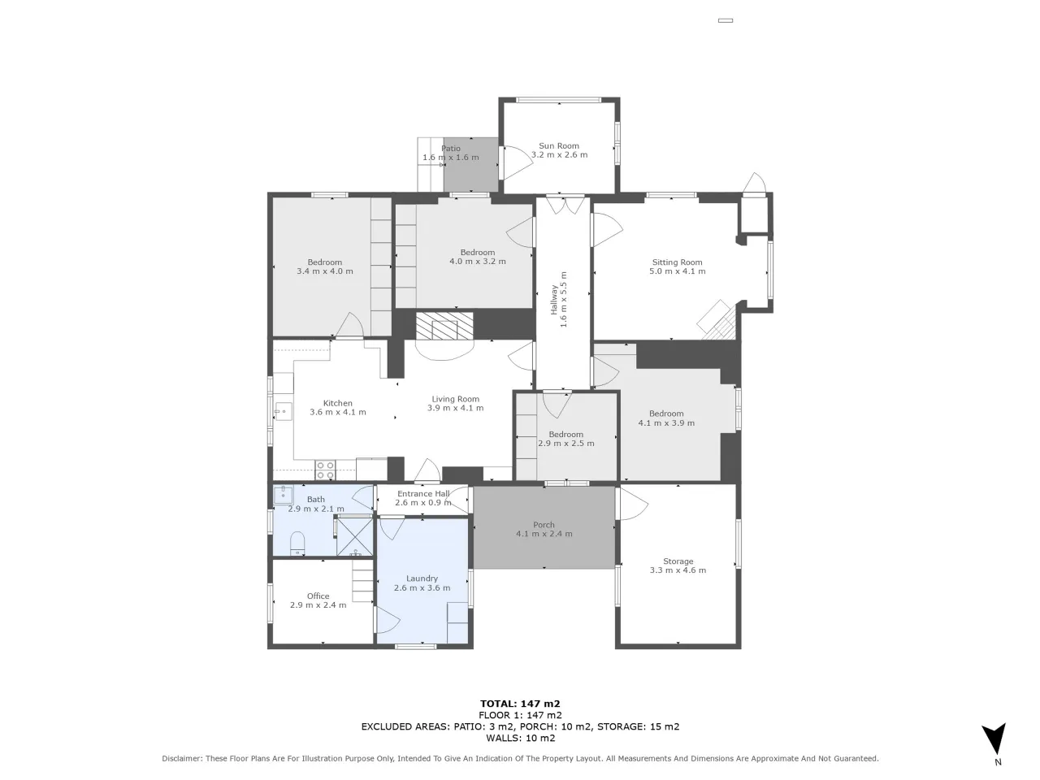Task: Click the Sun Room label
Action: point(559,146)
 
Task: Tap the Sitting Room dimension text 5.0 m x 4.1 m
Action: point(677,271)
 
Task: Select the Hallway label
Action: point(553,300)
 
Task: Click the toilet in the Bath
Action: point(297,543)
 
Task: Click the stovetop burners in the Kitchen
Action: point(326,470)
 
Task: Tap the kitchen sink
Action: point(284,411)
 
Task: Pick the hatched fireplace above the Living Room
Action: point(444,325)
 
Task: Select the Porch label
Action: point(544,525)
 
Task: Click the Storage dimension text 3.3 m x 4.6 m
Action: point(678,570)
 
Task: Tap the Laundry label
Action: point(422,578)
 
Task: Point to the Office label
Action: point(318,596)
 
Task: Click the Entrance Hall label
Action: point(423,493)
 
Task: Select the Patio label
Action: point(451,148)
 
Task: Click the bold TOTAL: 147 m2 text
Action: point(520,704)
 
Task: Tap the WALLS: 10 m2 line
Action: point(520,738)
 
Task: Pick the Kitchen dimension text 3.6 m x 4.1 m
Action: point(338,412)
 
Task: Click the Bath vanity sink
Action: point(284,495)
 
